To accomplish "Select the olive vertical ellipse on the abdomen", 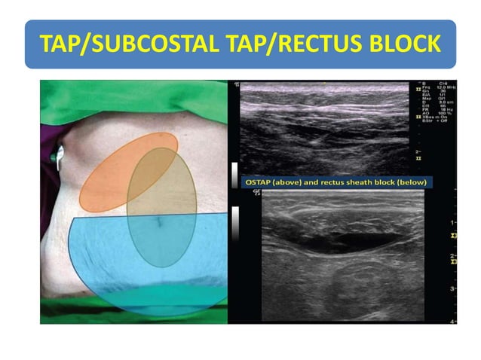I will (162, 226).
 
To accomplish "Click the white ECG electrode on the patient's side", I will (58, 156).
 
